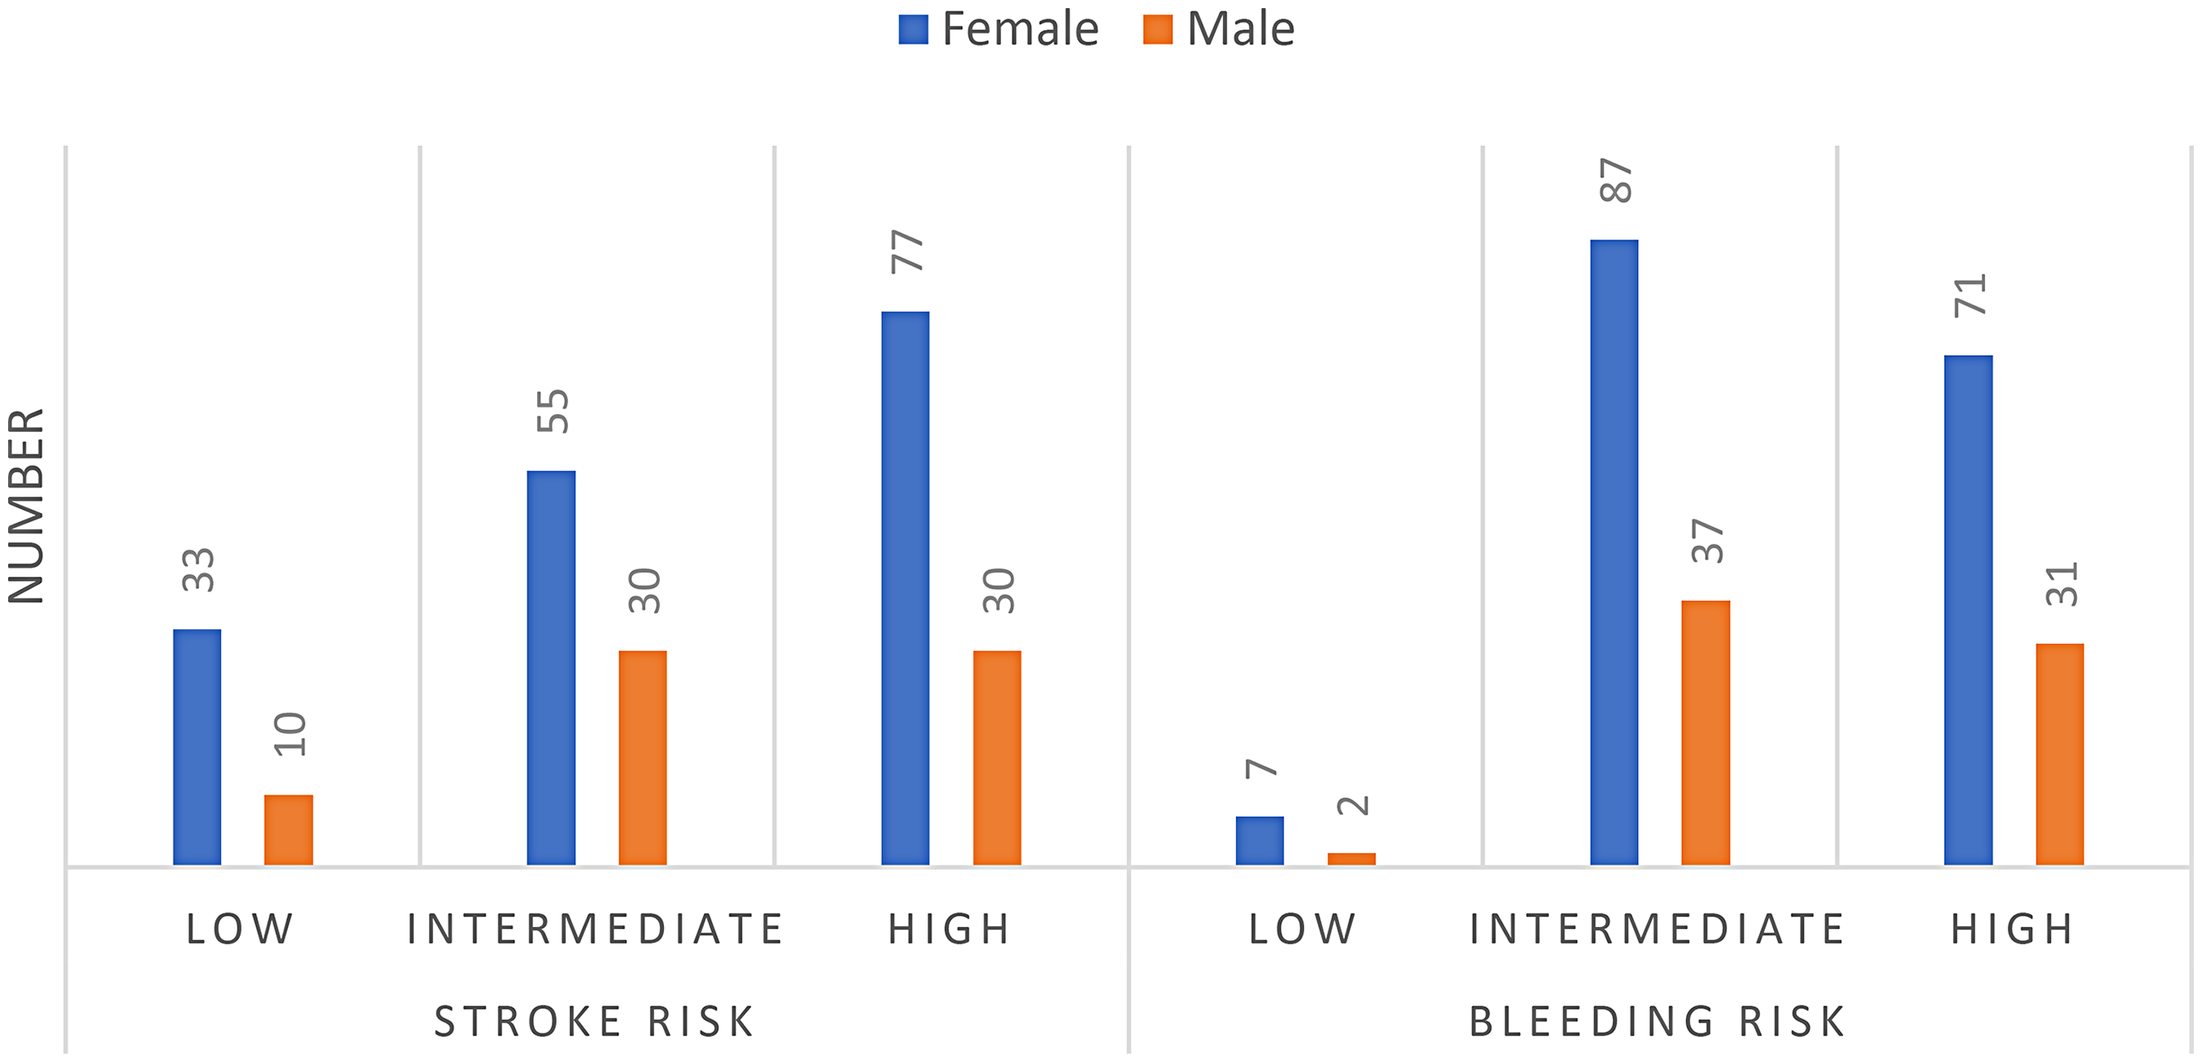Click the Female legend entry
coord(999,29)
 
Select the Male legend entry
coord(1219,29)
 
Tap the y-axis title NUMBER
coord(26,506)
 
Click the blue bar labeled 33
coord(197,748)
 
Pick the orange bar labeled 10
coord(289,830)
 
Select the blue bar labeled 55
coord(552,668)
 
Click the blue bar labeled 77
coord(905,588)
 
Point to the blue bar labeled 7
coord(1260,842)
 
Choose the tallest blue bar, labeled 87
coord(1615,553)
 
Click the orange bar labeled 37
coord(1706,733)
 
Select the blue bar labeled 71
coord(1969,611)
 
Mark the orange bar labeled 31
coord(2060,754)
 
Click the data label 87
coord(1616,180)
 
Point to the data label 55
coord(553,411)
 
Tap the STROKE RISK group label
coord(595,1022)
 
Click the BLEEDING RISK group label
coord(1658,1022)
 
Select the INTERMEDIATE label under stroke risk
coord(595,929)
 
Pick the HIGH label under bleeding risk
coord(2012,929)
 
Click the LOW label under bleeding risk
coord(1302,929)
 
